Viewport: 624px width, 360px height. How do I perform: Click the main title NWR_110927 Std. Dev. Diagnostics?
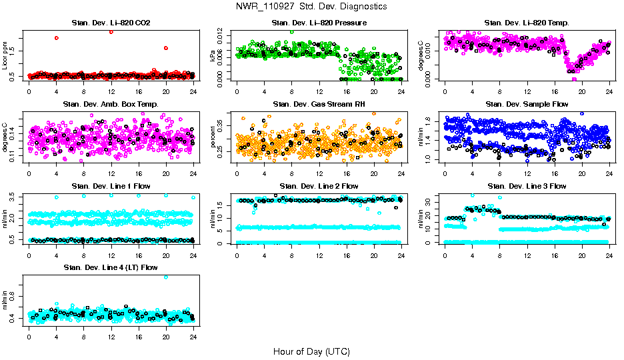pos(311,7)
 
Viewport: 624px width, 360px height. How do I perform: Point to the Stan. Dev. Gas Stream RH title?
pos(319,104)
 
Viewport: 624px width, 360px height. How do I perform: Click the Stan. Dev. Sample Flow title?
pos(527,104)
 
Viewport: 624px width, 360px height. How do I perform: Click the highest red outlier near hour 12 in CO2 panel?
pos(111,31)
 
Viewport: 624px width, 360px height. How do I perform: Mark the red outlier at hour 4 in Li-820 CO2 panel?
pos(56,38)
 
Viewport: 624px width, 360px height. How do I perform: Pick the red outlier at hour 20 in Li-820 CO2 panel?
pos(166,48)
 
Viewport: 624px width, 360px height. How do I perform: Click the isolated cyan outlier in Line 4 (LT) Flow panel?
pos(166,277)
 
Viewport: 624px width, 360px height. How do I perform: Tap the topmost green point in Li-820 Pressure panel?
pos(291,32)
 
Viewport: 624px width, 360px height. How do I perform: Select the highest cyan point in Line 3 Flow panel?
pos(473,195)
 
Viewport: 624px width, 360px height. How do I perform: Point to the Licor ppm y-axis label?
pos(5,56)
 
